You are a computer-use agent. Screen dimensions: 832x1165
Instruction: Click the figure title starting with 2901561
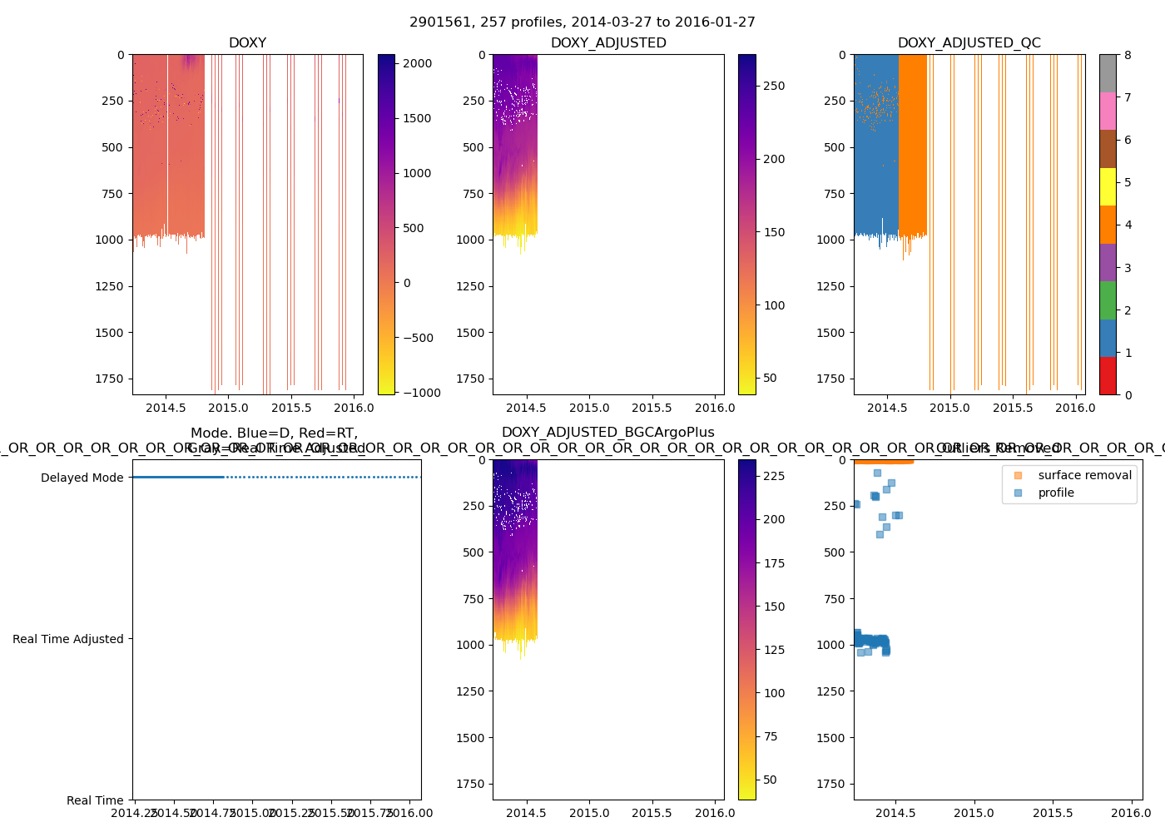(x=582, y=22)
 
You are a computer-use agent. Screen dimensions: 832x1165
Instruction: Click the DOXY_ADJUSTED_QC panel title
(x=969, y=43)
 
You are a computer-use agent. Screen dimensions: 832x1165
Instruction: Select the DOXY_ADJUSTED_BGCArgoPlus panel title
(x=607, y=433)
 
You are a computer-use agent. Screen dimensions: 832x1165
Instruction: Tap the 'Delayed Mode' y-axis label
(x=82, y=478)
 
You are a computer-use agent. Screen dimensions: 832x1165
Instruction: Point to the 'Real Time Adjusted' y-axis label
(x=67, y=639)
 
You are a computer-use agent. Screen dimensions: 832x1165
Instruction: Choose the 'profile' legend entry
(x=1056, y=493)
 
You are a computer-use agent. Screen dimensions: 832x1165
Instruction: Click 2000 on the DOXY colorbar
(x=417, y=63)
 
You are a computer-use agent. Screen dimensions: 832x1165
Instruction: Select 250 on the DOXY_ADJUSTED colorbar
(x=774, y=86)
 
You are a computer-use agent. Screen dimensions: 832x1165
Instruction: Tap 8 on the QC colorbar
(x=1128, y=55)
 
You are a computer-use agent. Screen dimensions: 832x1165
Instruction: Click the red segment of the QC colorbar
(x=1108, y=376)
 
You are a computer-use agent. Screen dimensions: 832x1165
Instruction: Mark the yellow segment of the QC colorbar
(x=1108, y=186)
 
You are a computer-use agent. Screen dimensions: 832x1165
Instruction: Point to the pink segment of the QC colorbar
(x=1108, y=111)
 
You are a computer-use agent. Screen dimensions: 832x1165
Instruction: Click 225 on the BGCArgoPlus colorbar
(x=774, y=476)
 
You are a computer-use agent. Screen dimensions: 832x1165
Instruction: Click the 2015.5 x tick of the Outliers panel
(x=1053, y=813)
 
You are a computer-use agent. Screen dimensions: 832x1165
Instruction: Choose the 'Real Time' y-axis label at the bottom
(x=95, y=800)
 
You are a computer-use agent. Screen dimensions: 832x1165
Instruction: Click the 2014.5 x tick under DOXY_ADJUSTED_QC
(x=887, y=408)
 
